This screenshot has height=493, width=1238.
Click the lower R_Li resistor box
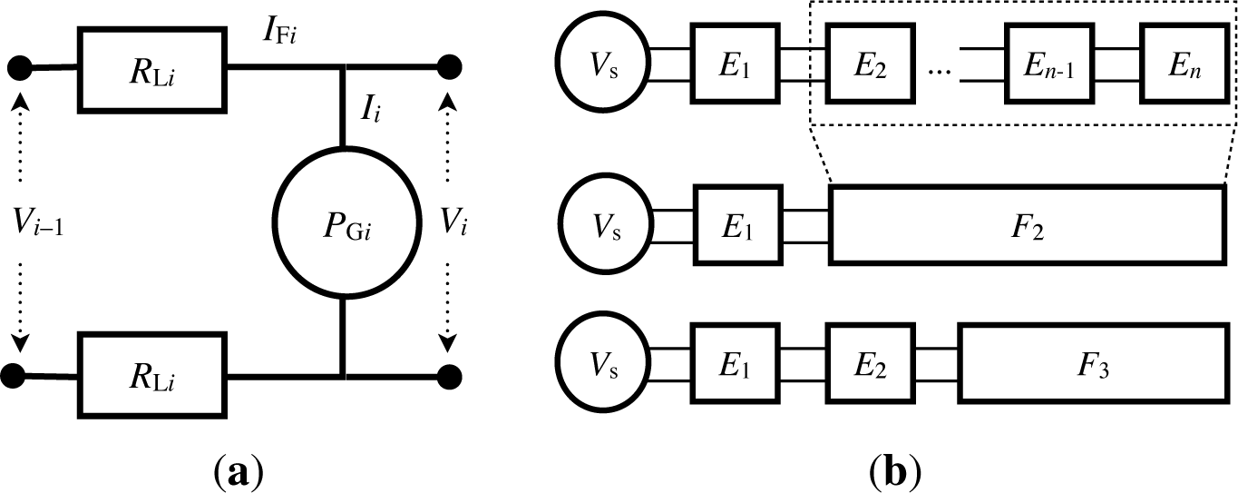tap(151, 372)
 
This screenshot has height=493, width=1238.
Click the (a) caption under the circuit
tap(236, 472)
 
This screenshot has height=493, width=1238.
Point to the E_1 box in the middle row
tap(736, 224)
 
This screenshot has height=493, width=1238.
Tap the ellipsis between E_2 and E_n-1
tap(938, 73)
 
